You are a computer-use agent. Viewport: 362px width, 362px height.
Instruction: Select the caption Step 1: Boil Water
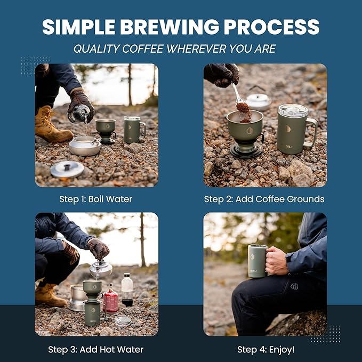96,199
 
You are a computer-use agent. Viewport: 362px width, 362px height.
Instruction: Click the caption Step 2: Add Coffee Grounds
264,199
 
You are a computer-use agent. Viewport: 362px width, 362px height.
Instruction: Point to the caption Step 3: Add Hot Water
96,350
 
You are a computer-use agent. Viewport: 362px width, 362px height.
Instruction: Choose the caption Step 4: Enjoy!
266,350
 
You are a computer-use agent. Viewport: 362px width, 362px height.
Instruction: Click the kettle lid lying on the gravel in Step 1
67,169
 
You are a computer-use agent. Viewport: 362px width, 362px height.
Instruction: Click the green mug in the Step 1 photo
133,130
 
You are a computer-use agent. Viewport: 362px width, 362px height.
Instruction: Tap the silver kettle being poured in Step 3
101,269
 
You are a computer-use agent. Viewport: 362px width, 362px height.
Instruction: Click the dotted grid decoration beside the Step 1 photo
36,65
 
